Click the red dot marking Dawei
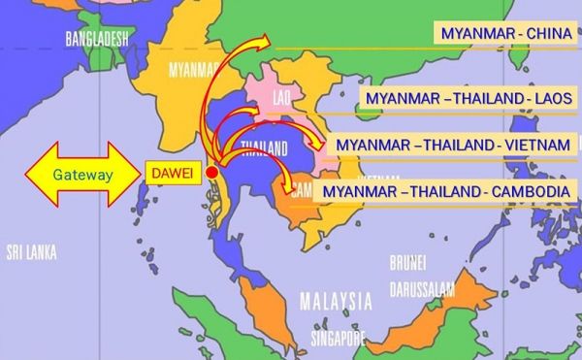pos(212,172)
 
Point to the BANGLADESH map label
pos(96,39)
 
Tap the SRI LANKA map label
pos(31,252)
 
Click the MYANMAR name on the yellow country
pos(191,70)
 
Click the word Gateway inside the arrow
pos(82,174)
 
